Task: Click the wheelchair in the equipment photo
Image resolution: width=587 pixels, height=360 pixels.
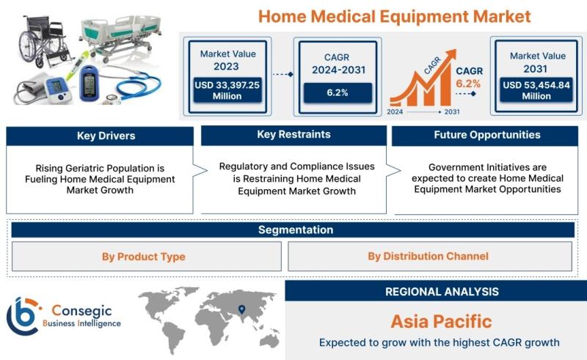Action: pyautogui.click(x=44, y=42)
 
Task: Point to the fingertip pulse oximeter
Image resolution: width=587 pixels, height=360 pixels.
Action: pyautogui.click(x=89, y=83)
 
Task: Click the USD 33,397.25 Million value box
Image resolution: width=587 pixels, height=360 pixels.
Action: pyautogui.click(x=227, y=90)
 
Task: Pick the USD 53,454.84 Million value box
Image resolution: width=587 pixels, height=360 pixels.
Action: pyautogui.click(x=536, y=90)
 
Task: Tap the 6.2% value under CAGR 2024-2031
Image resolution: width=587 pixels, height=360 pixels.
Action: pyautogui.click(x=338, y=93)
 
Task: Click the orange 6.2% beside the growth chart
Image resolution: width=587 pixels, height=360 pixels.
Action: pyautogui.click(x=468, y=84)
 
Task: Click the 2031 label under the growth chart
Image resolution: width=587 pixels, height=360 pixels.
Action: pyautogui.click(x=452, y=111)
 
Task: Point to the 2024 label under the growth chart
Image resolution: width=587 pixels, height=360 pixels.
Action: pyautogui.click(x=395, y=111)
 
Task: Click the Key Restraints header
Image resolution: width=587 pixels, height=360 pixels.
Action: pyautogui.click(x=294, y=135)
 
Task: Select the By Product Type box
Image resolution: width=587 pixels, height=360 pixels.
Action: pyautogui.click(x=147, y=257)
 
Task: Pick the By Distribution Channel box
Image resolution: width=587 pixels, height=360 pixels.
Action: pyautogui.click(x=430, y=257)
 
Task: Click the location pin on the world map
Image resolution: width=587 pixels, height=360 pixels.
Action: pyautogui.click(x=242, y=309)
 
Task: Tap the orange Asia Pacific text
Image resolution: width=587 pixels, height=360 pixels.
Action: pyautogui.click(x=442, y=321)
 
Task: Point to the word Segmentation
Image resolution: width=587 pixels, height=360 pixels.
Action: pyautogui.click(x=296, y=229)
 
